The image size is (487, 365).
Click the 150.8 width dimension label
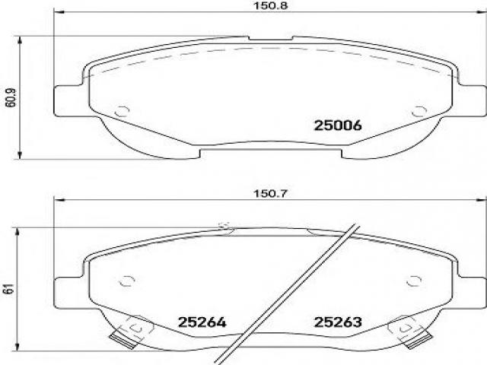click(271, 5)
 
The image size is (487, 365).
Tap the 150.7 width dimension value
click(271, 194)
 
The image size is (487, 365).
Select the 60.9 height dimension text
click(11, 97)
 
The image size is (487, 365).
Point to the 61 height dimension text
click(10, 289)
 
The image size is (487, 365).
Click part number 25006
click(338, 125)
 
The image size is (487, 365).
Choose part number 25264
click(202, 322)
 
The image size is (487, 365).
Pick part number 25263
click(338, 322)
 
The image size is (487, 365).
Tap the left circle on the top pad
click(122, 111)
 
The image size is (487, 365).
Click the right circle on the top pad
click(419, 112)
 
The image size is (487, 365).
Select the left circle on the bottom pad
click(127, 281)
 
